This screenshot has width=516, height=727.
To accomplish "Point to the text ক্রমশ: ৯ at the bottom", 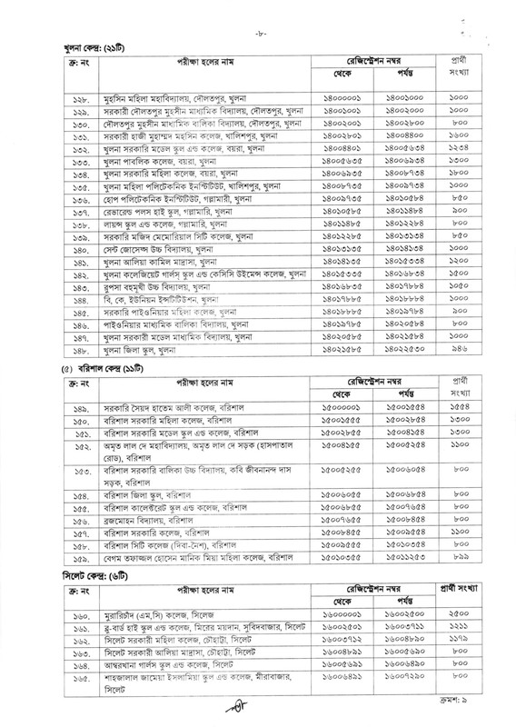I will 471,718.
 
